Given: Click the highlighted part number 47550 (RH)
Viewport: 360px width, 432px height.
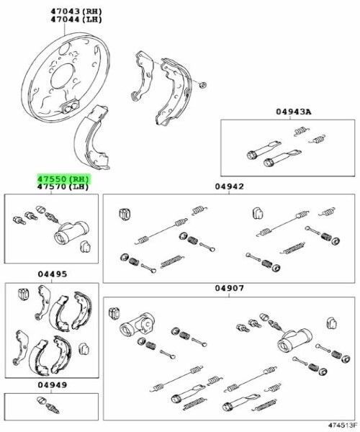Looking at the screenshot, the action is [63, 179].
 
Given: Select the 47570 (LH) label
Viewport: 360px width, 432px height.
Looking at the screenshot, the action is [63, 186].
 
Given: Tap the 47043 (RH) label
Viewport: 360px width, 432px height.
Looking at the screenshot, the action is [76, 12].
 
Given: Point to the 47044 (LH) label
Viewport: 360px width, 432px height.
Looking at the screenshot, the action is [76, 19].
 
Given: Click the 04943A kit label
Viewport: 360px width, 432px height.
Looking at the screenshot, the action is [294, 112].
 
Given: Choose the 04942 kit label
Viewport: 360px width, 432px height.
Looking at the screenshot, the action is [230, 186].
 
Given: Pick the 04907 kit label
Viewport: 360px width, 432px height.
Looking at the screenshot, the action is [230, 288].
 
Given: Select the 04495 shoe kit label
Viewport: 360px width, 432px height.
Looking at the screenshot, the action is [53, 274].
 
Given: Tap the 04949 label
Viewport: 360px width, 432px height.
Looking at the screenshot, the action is [53, 384].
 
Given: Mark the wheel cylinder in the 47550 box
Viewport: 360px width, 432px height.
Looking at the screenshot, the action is [71, 232].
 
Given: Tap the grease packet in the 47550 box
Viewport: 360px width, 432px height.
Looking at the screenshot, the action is [85, 246].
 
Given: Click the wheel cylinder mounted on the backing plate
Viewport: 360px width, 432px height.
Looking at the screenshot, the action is [71, 106].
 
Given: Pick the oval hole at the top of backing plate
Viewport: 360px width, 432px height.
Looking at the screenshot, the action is [65, 48].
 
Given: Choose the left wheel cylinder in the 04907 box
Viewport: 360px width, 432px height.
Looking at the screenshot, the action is [136, 324].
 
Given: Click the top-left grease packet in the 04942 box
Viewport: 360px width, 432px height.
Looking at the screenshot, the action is [125, 214].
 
